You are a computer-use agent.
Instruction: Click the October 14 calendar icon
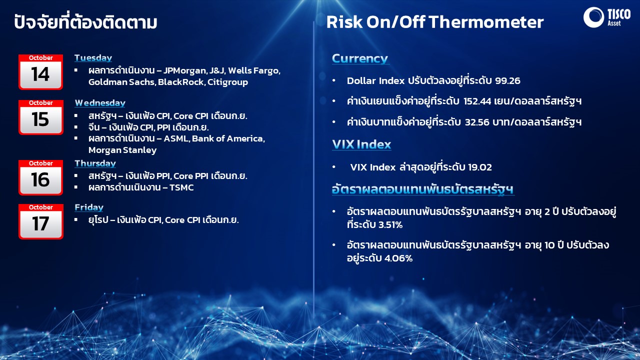tap(41, 72)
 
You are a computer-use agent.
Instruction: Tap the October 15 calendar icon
tap(41, 117)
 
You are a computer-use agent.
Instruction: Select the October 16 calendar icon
tap(41, 177)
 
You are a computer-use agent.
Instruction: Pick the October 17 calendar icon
tap(41, 221)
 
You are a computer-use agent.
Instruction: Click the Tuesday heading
tap(93, 57)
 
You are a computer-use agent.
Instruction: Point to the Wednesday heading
tap(100, 103)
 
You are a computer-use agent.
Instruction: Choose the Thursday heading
tap(95, 163)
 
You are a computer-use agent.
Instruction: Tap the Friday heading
tap(89, 207)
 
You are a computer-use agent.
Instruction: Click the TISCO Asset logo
tap(606, 17)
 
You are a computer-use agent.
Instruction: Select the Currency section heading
tap(360, 58)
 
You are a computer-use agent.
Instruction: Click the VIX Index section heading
tap(361, 144)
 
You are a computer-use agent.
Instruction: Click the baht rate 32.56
tap(477, 122)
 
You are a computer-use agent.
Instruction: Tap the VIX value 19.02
tap(479, 167)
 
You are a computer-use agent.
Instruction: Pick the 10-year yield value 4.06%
tap(398, 258)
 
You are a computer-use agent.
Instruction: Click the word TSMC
tap(181, 187)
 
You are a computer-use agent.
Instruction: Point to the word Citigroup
tap(227, 82)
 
